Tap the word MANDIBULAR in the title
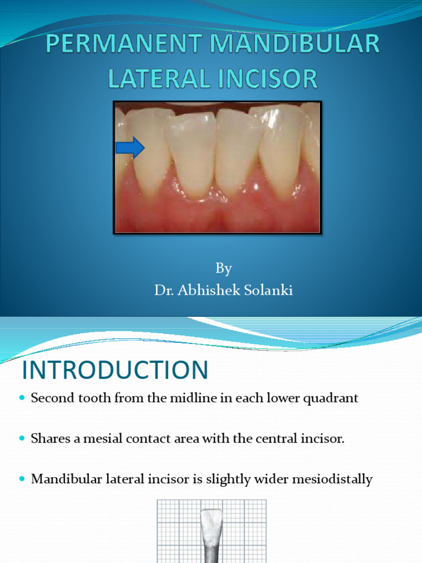tap(293, 45)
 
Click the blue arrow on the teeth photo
tap(130, 148)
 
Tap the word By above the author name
tap(224, 268)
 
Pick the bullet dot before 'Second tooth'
tap(22, 398)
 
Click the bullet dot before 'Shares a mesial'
tap(22, 439)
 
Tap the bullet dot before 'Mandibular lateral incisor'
tap(22, 479)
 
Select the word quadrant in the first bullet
tap(332, 398)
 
